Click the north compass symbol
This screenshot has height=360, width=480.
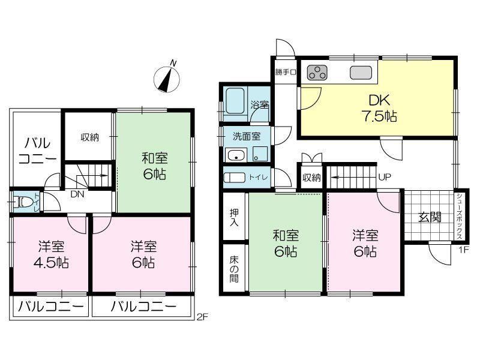pyautogui.click(x=167, y=79)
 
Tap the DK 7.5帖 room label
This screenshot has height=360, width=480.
pyautogui.click(x=379, y=109)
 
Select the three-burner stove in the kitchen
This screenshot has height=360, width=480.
pyautogui.click(x=317, y=72)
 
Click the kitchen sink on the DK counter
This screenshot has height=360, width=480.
pyautogui.click(x=361, y=73)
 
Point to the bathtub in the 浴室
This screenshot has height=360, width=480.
pyautogui.click(x=235, y=101)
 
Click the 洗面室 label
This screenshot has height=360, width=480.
pyautogui.click(x=247, y=136)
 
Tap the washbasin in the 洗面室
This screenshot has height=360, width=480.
pyautogui.click(x=236, y=155)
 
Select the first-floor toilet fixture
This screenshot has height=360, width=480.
pyautogui.click(x=234, y=178)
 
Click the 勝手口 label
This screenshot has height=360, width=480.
pyautogui.click(x=286, y=72)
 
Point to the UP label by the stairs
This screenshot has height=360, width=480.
pyautogui.click(x=385, y=177)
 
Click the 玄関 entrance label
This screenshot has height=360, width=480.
pyautogui.click(x=430, y=217)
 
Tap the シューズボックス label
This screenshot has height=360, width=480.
pyautogui.click(x=459, y=216)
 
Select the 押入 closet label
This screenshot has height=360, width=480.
pyautogui.click(x=234, y=217)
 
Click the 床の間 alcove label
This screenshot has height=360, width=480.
pyautogui.click(x=234, y=269)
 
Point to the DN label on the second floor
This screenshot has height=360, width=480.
pyautogui.click(x=77, y=194)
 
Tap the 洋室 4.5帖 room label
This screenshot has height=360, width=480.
pyautogui.click(x=51, y=254)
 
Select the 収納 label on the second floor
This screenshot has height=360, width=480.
pyautogui.click(x=89, y=137)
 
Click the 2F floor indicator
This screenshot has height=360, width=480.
pyautogui.click(x=202, y=317)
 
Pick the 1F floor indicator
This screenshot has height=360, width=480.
pyautogui.click(x=463, y=250)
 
